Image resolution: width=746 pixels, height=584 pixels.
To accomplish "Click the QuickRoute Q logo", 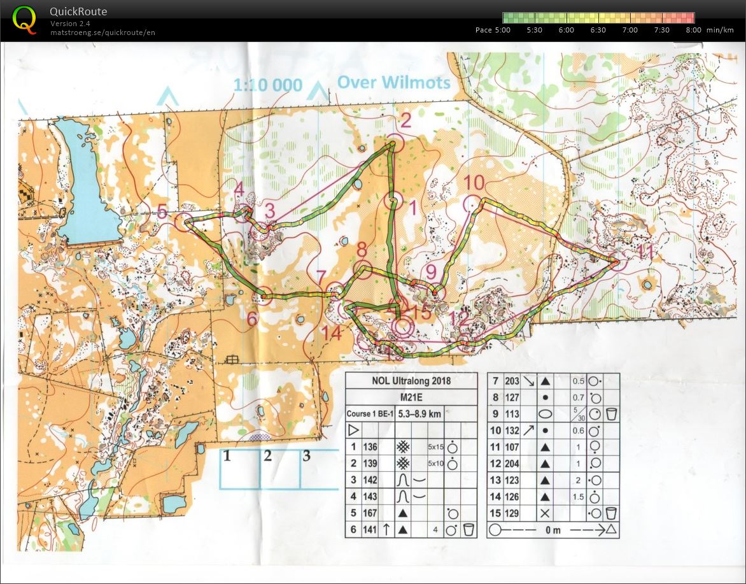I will [x=24, y=18].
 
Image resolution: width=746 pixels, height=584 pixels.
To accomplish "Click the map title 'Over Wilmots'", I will [x=393, y=82].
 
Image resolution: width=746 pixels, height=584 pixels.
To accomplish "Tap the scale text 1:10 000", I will [x=267, y=85].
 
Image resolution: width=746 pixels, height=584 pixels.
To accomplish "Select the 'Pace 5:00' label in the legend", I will [x=493, y=30].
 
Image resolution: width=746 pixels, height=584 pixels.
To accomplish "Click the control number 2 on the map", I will [x=405, y=119].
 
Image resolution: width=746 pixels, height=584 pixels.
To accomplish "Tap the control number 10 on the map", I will [x=474, y=183].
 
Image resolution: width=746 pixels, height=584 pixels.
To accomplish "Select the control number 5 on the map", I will [x=162, y=211].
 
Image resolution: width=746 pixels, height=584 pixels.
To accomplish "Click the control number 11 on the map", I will [x=645, y=252].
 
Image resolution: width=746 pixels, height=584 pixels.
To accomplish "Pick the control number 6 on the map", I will [x=252, y=319].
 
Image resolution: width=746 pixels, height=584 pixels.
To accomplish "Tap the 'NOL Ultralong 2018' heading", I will [x=411, y=381].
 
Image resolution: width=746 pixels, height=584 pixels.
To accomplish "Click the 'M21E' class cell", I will [x=411, y=397].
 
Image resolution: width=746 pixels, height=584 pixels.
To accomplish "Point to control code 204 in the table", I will [x=512, y=463].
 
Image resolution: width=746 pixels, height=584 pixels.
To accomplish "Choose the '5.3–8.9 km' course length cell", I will [x=419, y=413].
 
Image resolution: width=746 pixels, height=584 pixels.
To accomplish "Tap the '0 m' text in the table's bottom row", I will [x=553, y=529].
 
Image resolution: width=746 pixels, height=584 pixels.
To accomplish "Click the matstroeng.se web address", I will [x=102, y=32].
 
